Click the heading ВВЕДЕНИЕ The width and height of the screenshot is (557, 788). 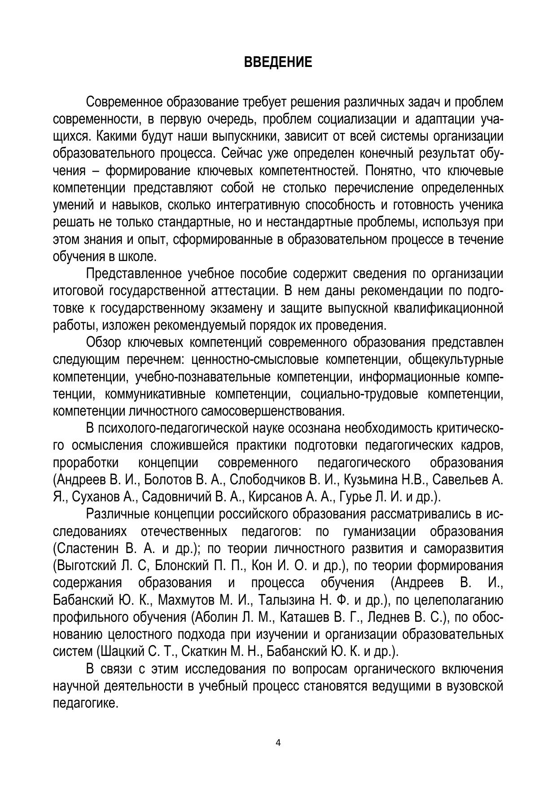pyautogui.click(x=278, y=62)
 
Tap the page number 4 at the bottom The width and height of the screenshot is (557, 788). pyautogui.click(x=278, y=743)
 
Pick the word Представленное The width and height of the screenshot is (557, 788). pyautogui.click(x=133, y=274)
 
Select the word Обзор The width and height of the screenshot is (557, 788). pyautogui.click(x=103, y=342)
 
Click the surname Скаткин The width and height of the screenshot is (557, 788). pyautogui.click(x=199, y=651)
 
